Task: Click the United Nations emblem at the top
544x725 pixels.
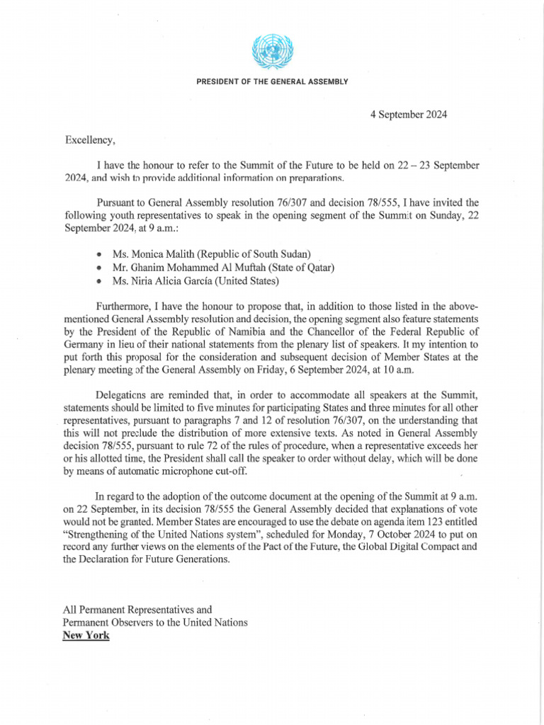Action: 272,52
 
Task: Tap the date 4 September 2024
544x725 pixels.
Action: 409,114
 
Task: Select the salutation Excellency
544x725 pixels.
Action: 90,139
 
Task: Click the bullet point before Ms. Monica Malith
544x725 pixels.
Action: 98,253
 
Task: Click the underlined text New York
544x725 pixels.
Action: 86,635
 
